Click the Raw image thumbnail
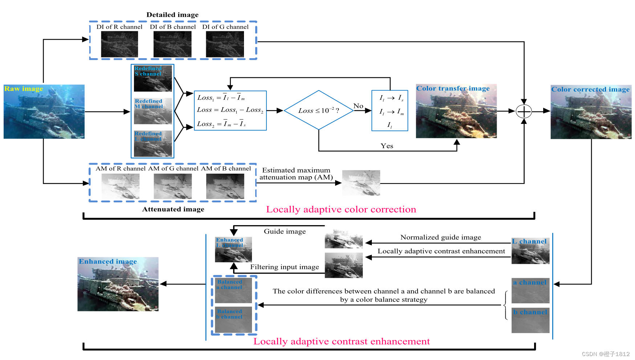tap(44, 112)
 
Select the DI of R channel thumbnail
tap(119, 44)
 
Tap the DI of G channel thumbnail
tap(225, 44)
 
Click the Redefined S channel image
tap(153, 78)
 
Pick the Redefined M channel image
tap(153, 111)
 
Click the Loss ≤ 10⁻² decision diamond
tap(318, 110)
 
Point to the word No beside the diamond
tap(358, 106)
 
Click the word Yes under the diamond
tap(387, 146)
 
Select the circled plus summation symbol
tap(524, 111)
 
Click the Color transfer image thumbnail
tap(456, 111)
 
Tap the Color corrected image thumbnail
tap(591, 112)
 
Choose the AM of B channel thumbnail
tap(225, 186)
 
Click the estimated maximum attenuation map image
tap(361, 183)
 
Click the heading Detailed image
tap(172, 15)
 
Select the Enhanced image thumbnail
tap(118, 284)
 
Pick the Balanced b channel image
tap(233, 320)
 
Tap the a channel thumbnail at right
tap(530, 291)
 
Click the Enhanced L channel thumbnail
tap(233, 250)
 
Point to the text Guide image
tap(285, 231)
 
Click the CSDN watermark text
tap(605, 354)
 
